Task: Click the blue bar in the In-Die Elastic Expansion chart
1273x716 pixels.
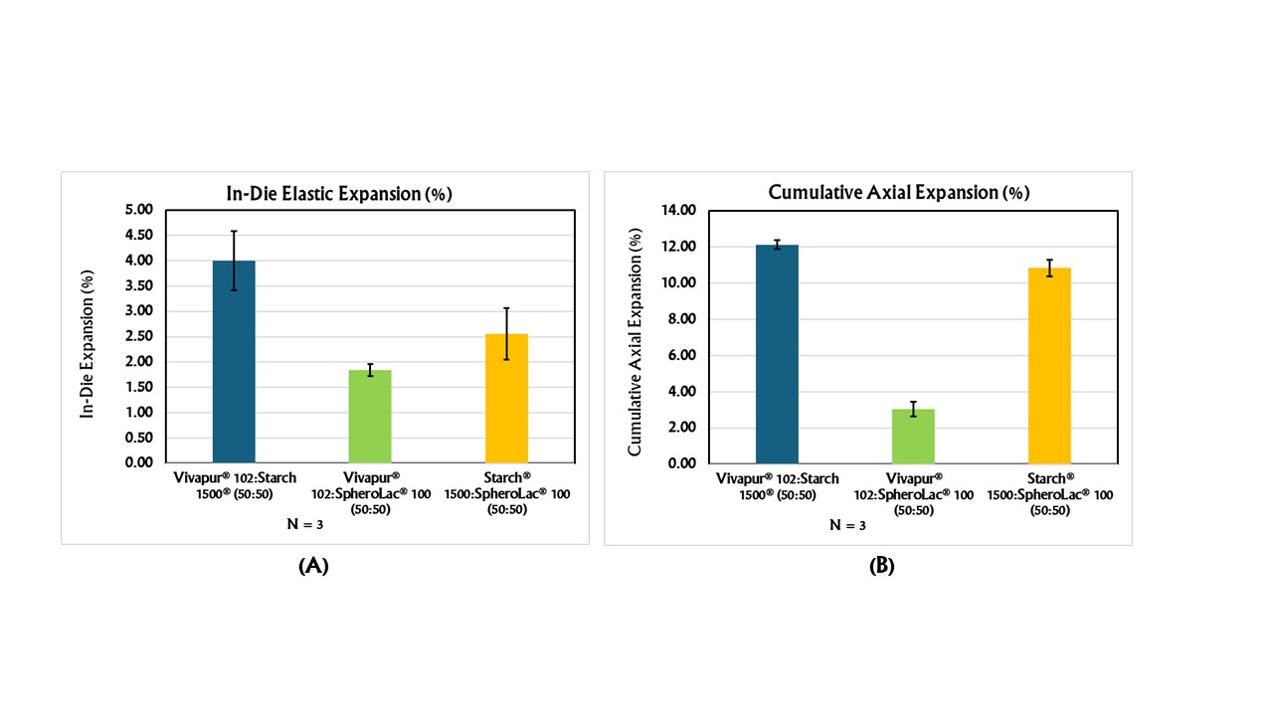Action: (234, 362)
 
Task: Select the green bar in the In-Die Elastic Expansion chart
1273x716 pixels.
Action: (370, 417)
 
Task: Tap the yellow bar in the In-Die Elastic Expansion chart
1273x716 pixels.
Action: (506, 399)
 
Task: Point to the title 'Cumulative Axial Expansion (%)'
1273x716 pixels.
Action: (898, 193)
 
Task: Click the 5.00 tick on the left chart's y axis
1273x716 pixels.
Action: (139, 210)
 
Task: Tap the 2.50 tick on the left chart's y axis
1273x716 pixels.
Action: (139, 336)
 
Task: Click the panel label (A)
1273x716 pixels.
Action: (313, 566)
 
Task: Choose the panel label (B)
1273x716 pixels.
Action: (881, 566)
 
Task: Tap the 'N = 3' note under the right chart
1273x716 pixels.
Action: (848, 525)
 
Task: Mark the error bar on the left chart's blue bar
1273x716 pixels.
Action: (234, 261)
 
